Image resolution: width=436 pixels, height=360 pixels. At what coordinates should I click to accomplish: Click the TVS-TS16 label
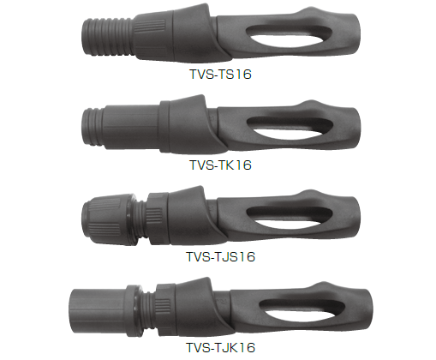[220, 75]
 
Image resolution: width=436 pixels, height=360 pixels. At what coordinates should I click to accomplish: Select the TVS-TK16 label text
[220, 165]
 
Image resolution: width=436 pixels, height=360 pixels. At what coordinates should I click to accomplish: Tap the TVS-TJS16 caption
[220, 256]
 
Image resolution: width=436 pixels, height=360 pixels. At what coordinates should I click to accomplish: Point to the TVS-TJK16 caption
[220, 347]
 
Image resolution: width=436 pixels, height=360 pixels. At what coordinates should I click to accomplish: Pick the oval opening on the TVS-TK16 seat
[290, 128]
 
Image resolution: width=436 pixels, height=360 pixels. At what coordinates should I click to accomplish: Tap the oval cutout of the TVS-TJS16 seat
[290, 219]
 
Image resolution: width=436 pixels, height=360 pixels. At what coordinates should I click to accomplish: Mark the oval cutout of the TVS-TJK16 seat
[302, 310]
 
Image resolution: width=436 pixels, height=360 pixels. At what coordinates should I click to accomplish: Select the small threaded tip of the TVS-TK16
[93, 127]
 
